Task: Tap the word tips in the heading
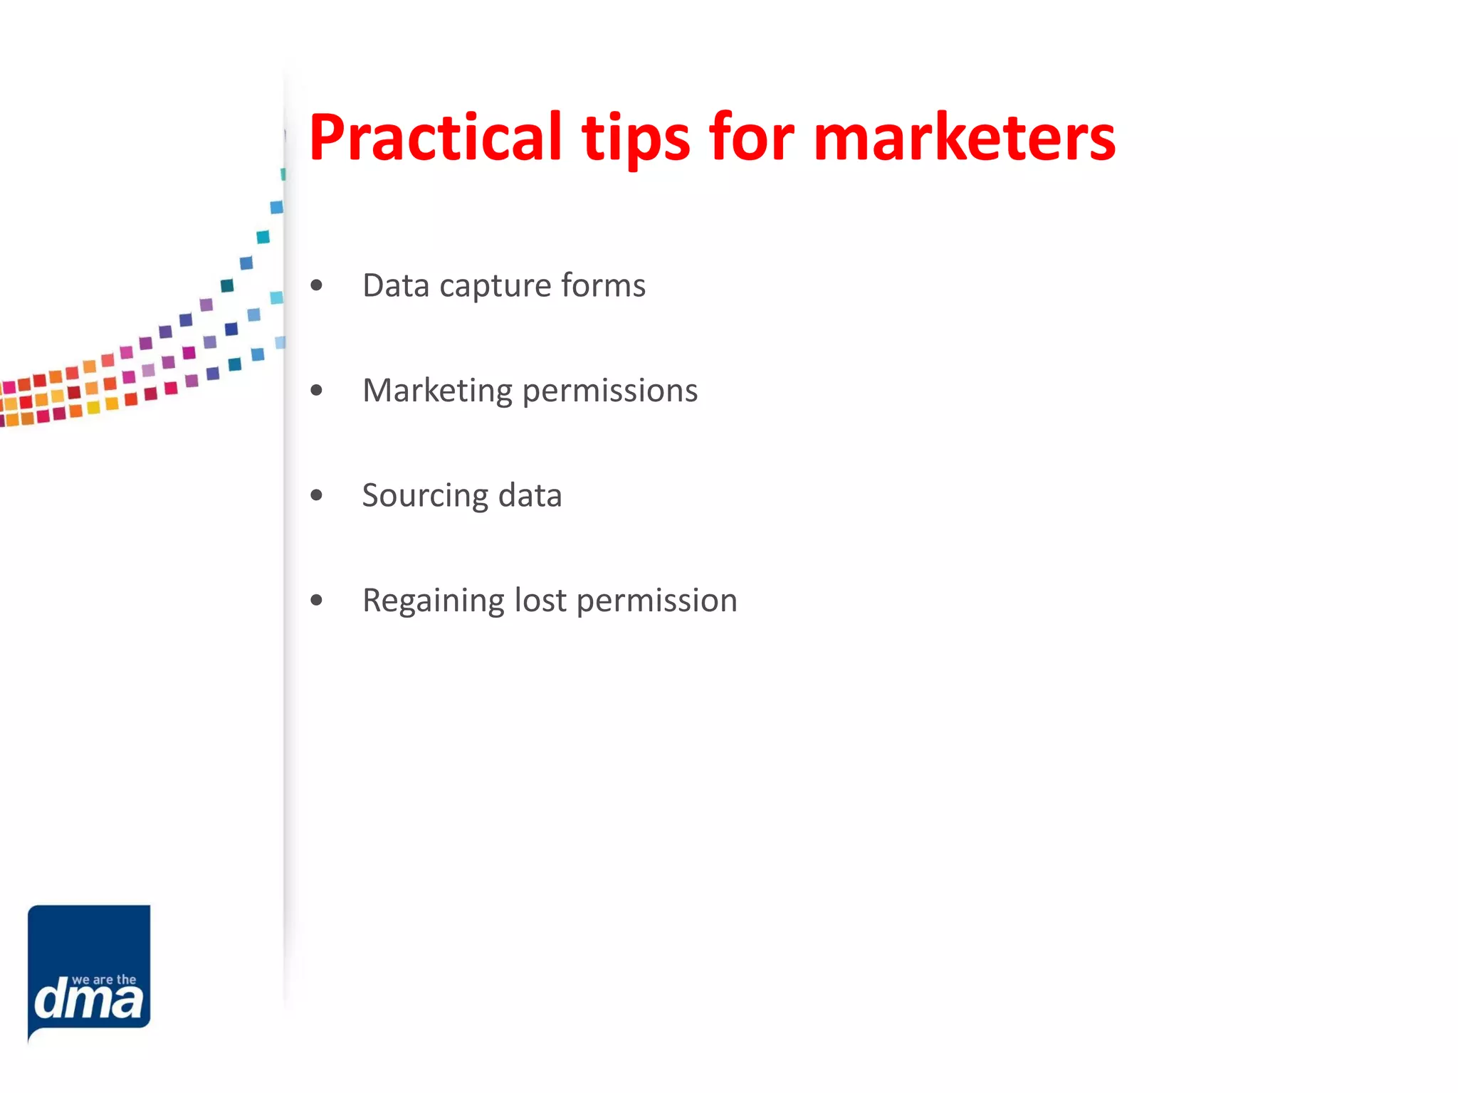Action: pyautogui.click(x=636, y=137)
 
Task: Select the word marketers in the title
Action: pyautogui.click(x=964, y=137)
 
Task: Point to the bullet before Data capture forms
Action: pyautogui.click(x=317, y=286)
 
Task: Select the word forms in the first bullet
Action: pyautogui.click(x=603, y=285)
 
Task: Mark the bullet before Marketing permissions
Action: pyautogui.click(x=317, y=391)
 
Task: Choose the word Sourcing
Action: pyautogui.click(x=425, y=496)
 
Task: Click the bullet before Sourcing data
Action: pyautogui.click(x=317, y=495)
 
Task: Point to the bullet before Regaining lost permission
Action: pyautogui.click(x=317, y=601)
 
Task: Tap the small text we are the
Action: pyautogui.click(x=104, y=980)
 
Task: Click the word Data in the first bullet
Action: pyautogui.click(x=396, y=285)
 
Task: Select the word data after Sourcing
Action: pyautogui.click(x=530, y=495)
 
